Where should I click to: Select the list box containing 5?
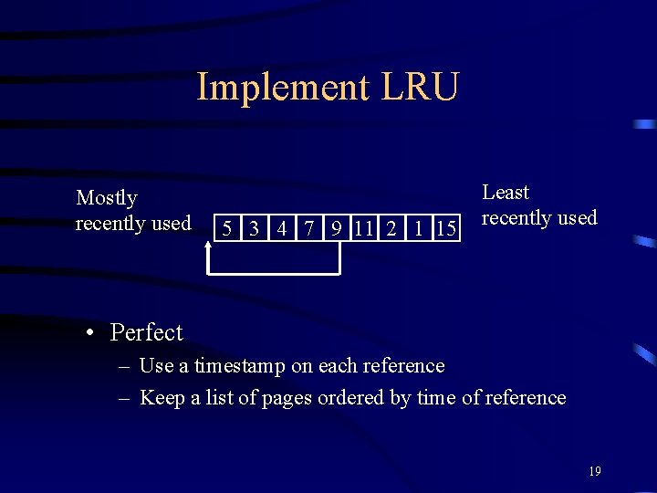point(226,228)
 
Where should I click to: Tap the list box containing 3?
point(254,228)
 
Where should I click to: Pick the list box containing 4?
point(282,228)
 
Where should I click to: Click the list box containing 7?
point(309,228)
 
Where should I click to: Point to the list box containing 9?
point(337,228)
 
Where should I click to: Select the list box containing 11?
point(363,228)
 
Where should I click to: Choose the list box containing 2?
point(391,228)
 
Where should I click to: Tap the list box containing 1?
point(418,228)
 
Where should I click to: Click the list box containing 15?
point(445,228)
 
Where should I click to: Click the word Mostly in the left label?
point(107,198)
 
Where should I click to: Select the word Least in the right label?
point(506,193)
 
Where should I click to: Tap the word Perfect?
point(146,332)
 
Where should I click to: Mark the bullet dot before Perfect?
point(91,333)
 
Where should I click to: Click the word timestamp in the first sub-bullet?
point(240,366)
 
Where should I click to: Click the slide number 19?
point(595,471)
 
